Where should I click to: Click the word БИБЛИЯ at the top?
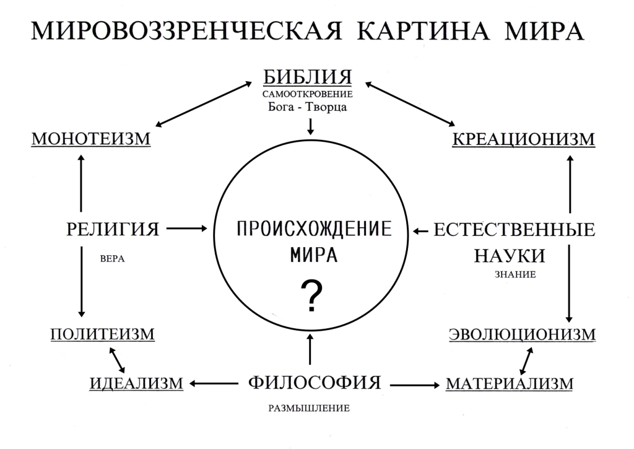pyautogui.click(x=307, y=77)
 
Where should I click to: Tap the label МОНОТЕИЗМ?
pyautogui.click(x=91, y=139)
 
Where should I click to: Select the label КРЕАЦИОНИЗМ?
pyautogui.click(x=524, y=139)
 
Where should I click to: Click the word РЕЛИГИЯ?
pyautogui.click(x=113, y=229)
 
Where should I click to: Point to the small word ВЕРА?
pyautogui.click(x=113, y=258)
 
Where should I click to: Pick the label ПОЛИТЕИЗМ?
pyautogui.click(x=103, y=334)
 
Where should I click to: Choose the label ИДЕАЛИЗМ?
pyautogui.click(x=136, y=383)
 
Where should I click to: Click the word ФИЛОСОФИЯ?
pyautogui.click(x=314, y=382)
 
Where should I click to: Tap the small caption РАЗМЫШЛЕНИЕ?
pyautogui.click(x=309, y=408)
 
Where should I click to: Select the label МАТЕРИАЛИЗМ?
pyautogui.click(x=510, y=383)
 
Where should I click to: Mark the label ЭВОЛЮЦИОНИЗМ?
pyautogui.click(x=523, y=334)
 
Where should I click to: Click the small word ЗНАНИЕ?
pyautogui.click(x=515, y=274)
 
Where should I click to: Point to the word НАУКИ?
pyautogui.click(x=510, y=256)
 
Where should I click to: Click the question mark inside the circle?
pyautogui.click(x=312, y=297)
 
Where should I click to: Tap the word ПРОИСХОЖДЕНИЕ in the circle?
pyautogui.click(x=314, y=229)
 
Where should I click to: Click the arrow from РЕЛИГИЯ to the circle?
pyautogui.click(x=187, y=229)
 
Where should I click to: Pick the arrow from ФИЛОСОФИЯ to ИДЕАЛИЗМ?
pyautogui.click(x=214, y=383)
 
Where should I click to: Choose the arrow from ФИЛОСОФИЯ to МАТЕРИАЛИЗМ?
pyautogui.click(x=414, y=385)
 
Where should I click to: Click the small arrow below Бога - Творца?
pyautogui.click(x=311, y=126)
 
